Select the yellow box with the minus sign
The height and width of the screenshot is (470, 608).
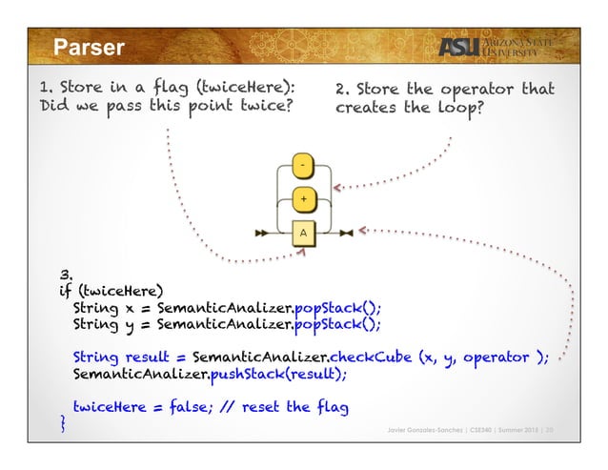tap(302, 166)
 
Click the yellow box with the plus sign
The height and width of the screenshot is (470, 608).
tap(302, 200)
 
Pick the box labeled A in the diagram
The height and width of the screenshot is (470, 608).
tap(302, 232)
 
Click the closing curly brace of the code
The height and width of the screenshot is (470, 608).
tap(63, 423)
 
